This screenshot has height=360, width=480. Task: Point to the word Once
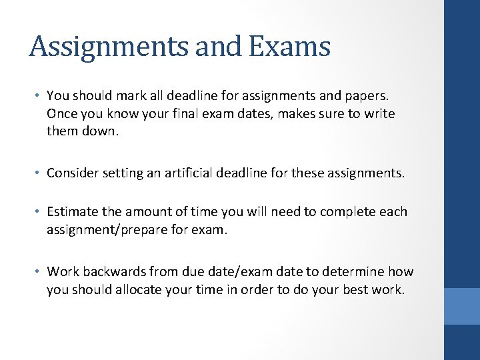62,114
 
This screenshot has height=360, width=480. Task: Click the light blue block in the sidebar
462,306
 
